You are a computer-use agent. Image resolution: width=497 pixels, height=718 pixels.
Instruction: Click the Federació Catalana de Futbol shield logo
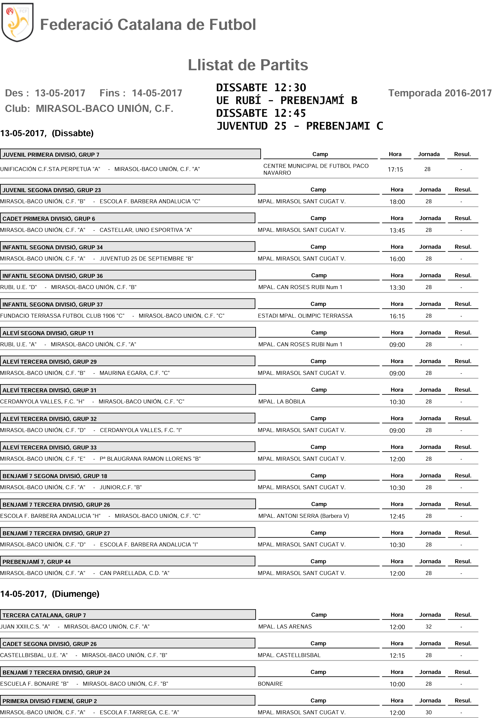[17, 22]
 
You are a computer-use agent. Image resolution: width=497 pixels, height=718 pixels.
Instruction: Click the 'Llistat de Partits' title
[248, 65]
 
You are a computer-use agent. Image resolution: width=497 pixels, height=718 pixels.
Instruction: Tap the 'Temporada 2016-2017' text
[440, 93]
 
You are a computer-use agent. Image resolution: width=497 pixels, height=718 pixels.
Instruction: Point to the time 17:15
[395, 169]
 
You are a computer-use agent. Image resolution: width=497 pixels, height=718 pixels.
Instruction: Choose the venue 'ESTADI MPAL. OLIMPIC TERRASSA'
[305, 316]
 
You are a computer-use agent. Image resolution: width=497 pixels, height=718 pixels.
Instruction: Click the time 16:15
[397, 316]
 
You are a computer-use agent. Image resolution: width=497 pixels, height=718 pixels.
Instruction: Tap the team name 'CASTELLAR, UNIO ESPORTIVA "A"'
[146, 230]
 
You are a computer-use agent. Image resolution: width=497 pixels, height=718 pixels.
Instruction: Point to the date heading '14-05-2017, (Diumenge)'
[50, 594]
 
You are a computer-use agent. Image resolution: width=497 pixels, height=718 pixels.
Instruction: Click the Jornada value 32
[428, 627]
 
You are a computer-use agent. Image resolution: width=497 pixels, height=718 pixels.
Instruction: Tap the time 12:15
[397, 655]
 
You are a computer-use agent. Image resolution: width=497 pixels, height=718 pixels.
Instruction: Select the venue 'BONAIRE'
[270, 684]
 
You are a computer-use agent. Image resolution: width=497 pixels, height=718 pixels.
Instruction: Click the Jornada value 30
[428, 712]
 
